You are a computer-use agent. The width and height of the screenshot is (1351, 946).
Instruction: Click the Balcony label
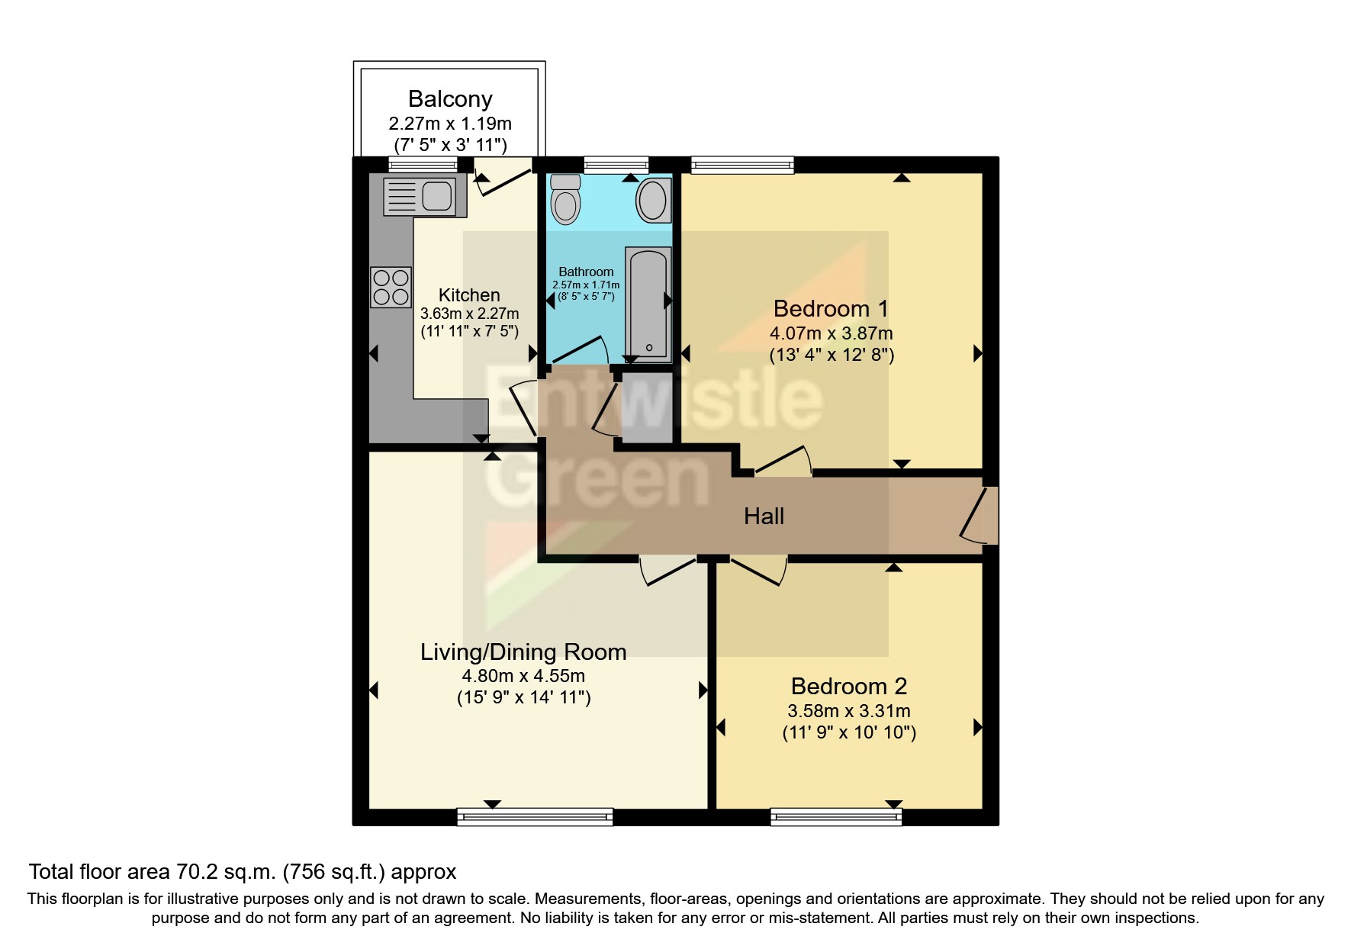pos(450,99)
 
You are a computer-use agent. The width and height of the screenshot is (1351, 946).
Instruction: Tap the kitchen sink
pos(420,195)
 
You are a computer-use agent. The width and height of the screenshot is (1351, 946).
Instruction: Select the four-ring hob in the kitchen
pos(391,287)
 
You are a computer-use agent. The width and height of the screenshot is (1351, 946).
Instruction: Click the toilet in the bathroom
pos(565,201)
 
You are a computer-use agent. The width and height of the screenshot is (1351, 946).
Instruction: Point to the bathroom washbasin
pos(652,201)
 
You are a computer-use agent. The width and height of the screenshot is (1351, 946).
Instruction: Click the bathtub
pos(648,304)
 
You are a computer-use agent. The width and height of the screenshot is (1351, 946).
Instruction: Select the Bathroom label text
pos(586,272)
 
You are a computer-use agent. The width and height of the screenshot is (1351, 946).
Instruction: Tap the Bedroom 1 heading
pos(831,309)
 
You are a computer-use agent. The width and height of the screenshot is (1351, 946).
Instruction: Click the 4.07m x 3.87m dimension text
pos(831,333)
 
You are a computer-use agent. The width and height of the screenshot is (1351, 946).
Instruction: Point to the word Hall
pos(764,516)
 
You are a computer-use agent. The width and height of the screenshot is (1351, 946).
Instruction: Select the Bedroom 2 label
pos(848,687)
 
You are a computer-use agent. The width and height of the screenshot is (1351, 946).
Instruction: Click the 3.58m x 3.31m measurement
pos(848,711)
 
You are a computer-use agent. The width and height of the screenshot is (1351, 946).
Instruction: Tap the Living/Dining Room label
pos(523,652)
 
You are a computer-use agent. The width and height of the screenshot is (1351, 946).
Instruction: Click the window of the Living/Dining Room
pos(535,817)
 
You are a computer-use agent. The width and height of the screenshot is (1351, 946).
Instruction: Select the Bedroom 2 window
pos(836,817)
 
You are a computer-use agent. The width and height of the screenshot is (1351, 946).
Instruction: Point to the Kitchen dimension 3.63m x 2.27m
pos(469,314)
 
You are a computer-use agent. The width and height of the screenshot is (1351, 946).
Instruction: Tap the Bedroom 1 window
pos(742,164)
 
